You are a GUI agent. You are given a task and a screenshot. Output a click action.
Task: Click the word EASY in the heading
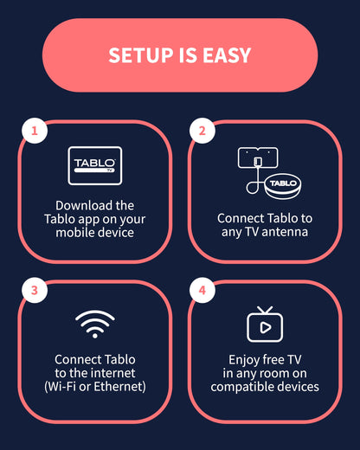224,55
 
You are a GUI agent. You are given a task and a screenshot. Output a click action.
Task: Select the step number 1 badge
35,132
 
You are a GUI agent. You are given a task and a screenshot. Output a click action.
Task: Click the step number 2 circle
202,132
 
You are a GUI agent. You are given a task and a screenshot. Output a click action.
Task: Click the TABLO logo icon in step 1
95,165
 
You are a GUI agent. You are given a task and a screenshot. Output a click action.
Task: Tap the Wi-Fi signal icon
95,325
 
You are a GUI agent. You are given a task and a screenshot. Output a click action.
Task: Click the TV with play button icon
265,325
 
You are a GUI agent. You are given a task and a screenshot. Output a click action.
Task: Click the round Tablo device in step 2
280,184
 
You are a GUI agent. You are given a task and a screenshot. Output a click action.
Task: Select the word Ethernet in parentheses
113,387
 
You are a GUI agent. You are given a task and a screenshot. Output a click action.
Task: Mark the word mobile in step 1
76,234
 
